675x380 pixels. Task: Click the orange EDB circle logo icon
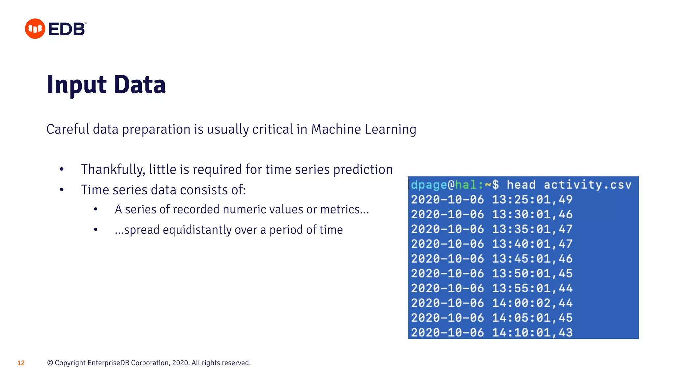click(x=35, y=29)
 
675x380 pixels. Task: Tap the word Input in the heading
click(x=76, y=85)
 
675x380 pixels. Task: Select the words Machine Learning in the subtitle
click(x=364, y=129)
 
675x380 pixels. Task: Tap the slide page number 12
click(x=21, y=363)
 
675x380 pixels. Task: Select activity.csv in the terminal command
click(x=587, y=185)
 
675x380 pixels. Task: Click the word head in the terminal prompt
click(x=521, y=185)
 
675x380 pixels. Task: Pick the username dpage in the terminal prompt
click(x=429, y=185)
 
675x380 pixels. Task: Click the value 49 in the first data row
click(x=566, y=200)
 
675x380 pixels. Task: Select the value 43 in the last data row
click(x=566, y=332)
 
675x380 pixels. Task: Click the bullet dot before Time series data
click(x=62, y=190)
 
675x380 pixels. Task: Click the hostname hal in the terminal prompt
click(x=466, y=185)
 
